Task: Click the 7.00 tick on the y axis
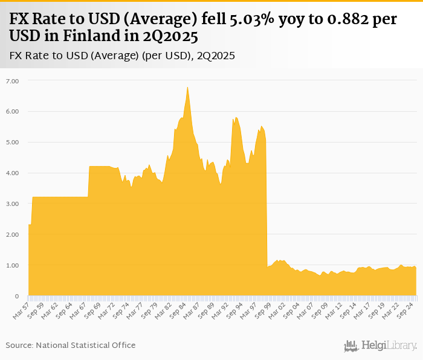(13, 80)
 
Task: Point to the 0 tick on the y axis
(16, 296)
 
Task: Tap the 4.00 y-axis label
(13, 173)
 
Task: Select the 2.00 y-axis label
(13, 234)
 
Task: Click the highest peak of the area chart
(187, 88)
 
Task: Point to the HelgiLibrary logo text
(389, 346)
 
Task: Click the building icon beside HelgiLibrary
(351, 346)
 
